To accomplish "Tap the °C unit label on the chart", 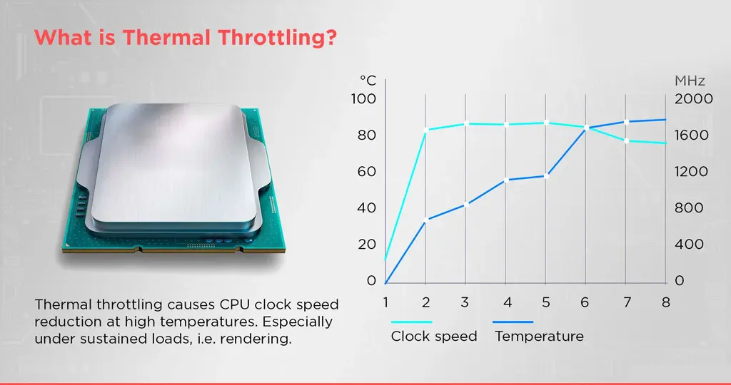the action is tap(368, 81).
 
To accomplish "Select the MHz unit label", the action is tap(690, 81).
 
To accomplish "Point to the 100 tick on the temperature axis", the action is tap(363, 98).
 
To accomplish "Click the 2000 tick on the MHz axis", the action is tap(694, 98).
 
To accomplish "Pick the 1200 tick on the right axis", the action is tap(691, 171).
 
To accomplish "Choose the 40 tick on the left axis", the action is tap(366, 207).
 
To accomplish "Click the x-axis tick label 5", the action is tap(546, 302).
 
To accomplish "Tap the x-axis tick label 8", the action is tap(666, 302).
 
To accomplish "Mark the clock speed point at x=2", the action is tap(425, 130).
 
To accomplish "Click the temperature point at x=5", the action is tap(546, 176).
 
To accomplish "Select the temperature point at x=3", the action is tap(465, 205).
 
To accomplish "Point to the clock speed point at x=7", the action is tap(626, 140).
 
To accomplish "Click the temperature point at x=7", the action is tap(626, 122).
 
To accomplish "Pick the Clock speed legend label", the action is tap(434, 336).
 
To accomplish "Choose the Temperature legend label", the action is tap(540, 336).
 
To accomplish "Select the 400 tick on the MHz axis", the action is tap(689, 244).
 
